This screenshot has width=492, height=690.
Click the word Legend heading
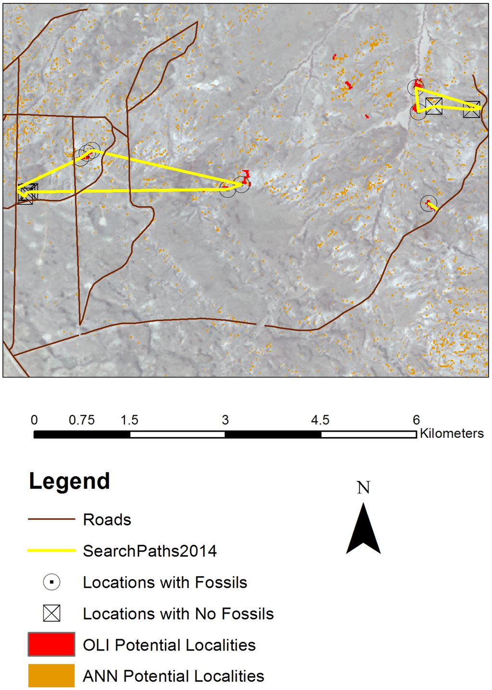(x=69, y=481)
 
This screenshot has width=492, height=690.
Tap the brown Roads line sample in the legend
(x=51, y=519)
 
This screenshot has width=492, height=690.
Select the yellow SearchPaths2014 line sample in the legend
(x=51, y=550)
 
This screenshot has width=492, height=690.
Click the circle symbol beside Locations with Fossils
(x=51, y=582)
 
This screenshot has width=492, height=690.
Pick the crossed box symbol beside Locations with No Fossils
(x=51, y=613)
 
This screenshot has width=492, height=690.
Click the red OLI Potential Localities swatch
(x=51, y=644)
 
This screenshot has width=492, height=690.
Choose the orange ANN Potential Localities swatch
(x=51, y=676)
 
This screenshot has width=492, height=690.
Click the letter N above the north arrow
(x=363, y=488)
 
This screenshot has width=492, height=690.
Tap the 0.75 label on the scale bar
(x=82, y=420)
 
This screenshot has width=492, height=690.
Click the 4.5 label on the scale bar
(x=320, y=420)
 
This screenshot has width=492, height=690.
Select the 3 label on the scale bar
(x=225, y=420)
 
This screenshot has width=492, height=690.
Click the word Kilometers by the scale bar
(x=452, y=433)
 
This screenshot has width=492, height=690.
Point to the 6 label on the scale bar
(x=416, y=420)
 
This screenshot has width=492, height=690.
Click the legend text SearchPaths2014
(x=149, y=551)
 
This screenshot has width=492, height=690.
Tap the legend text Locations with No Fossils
(x=178, y=614)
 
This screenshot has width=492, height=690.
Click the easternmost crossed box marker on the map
(x=471, y=109)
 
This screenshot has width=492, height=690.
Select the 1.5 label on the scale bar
(x=129, y=420)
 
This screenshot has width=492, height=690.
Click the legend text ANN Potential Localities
(x=173, y=676)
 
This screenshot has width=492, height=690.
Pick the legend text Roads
(x=107, y=520)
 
